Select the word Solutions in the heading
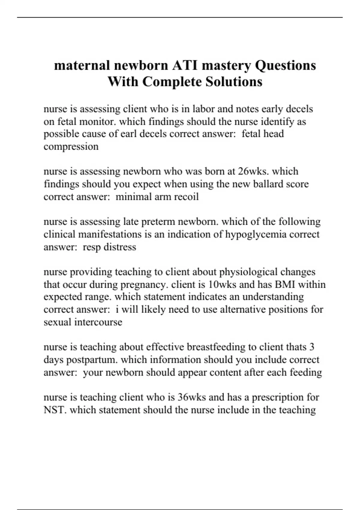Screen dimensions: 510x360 click(x=234, y=82)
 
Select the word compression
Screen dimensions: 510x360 click(x=71, y=147)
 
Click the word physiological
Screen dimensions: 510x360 click(x=248, y=272)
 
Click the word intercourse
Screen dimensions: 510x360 click(x=98, y=322)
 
